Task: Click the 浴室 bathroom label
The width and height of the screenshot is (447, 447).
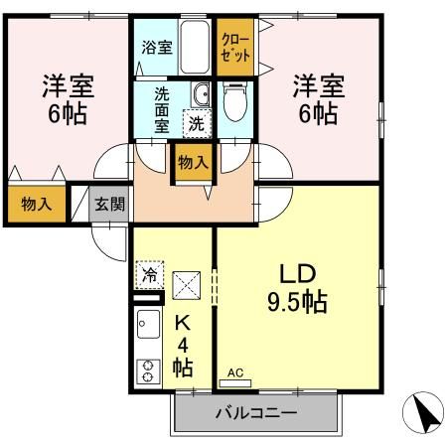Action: click(156, 46)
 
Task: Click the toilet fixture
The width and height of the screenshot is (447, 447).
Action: click(235, 103)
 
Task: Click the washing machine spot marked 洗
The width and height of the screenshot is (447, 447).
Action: click(198, 125)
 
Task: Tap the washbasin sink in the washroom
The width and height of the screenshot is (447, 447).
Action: click(202, 95)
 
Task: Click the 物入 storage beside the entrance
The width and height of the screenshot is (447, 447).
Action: click(36, 205)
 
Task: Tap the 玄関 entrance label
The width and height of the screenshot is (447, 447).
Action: click(109, 206)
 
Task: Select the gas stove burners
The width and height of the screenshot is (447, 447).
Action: click(147, 371)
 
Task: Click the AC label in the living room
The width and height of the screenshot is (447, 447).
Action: click(235, 374)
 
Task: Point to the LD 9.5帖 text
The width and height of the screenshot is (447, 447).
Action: click(295, 287)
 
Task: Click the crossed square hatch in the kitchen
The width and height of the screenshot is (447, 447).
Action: click(187, 286)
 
